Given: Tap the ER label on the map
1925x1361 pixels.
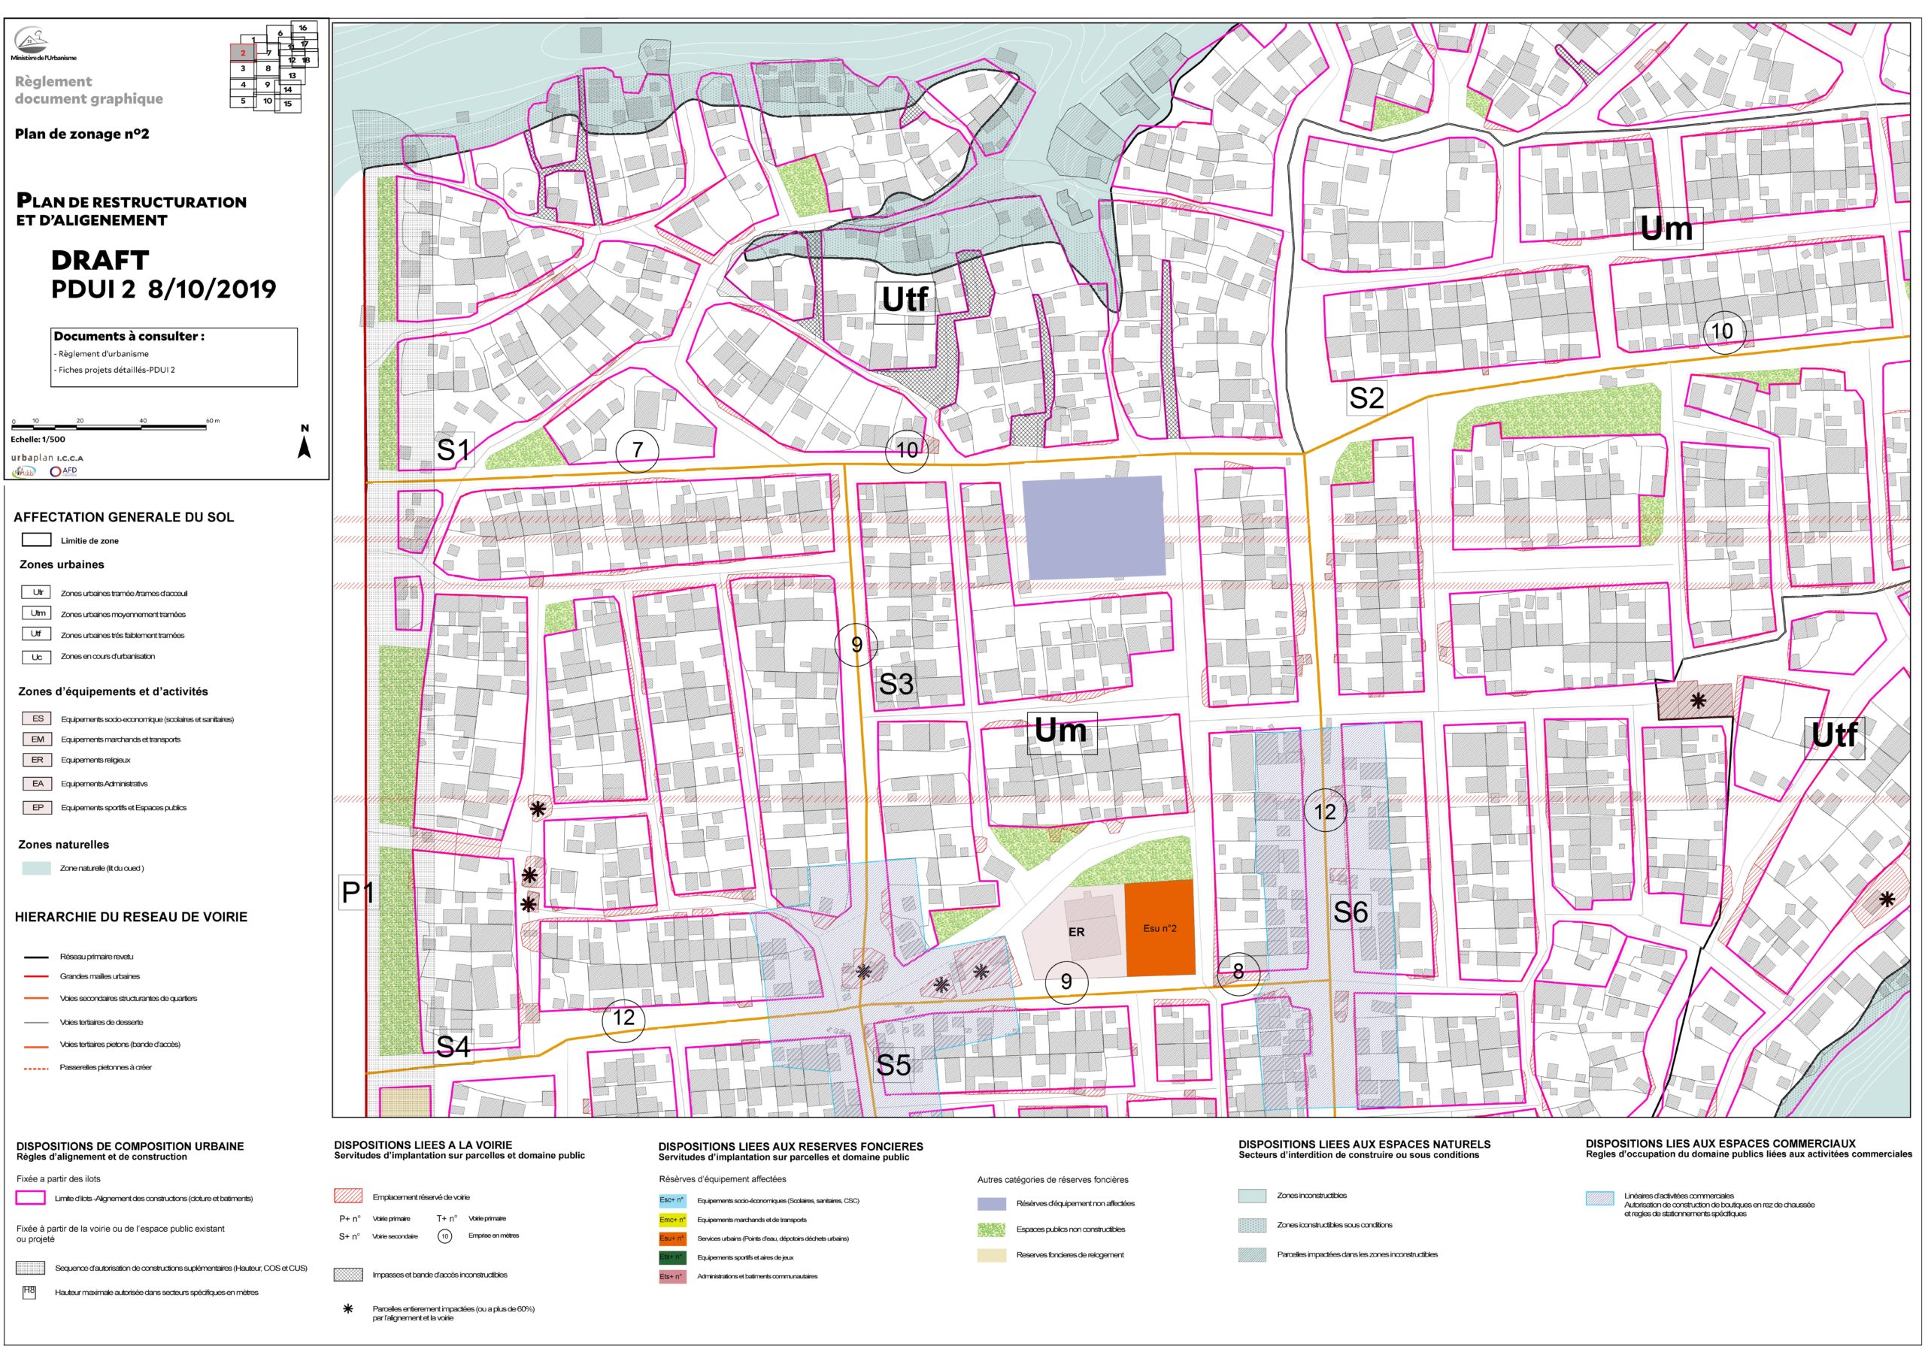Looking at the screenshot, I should coord(1076,932).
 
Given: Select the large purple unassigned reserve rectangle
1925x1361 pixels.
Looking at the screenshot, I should coord(1093,527).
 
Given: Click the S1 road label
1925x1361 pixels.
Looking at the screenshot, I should coord(453,450).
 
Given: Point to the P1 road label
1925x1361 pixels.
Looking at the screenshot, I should coord(357,893).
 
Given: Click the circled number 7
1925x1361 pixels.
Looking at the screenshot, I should coord(637,450).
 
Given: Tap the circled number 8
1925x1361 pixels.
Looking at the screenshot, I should coord(1238,972).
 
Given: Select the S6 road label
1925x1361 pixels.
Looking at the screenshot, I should coord(1350,912).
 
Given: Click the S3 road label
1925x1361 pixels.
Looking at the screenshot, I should coord(896,685).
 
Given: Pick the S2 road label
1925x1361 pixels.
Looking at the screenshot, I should coord(1366,398).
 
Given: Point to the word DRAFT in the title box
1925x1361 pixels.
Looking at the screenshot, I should coord(100,261).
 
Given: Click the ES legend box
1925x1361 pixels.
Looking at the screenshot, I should coord(38,719).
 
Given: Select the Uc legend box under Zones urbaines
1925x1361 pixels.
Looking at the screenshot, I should coord(37,657).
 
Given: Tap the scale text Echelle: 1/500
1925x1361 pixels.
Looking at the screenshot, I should coord(38,439).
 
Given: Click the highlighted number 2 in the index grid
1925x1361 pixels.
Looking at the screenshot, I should coord(242,53).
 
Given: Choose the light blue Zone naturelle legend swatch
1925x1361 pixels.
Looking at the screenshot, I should coord(36,869).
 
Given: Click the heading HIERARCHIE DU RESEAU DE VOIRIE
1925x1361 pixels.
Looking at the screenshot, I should coord(131,918).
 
